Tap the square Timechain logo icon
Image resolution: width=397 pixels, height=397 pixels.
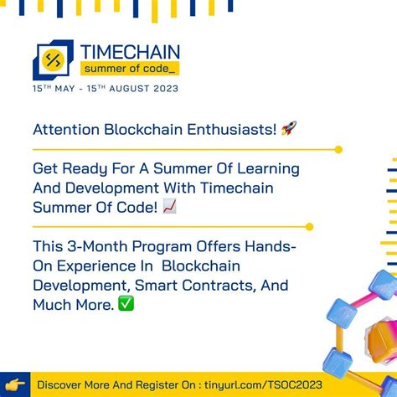pyautogui.click(x=53, y=59)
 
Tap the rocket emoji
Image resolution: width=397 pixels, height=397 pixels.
pyautogui.click(x=288, y=129)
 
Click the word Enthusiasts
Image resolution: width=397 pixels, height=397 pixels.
pyautogui.click(x=229, y=130)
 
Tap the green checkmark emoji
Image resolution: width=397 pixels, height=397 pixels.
pyautogui.click(x=126, y=304)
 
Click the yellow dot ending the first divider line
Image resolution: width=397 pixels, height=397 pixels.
pyautogui.click(x=338, y=149)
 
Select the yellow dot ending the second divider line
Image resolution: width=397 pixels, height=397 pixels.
pyautogui.click(x=310, y=226)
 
